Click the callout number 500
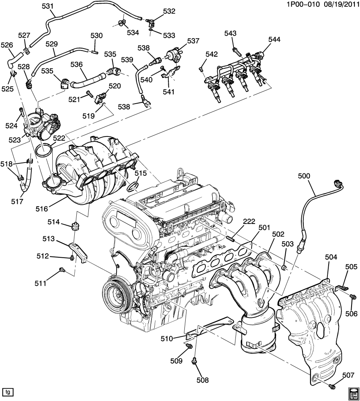(x=304, y=175)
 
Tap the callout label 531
(x=47, y=6)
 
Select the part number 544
(x=275, y=39)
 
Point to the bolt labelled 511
(x=62, y=270)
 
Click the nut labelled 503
(x=284, y=267)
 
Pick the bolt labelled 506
(x=353, y=297)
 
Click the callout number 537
(x=193, y=41)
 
